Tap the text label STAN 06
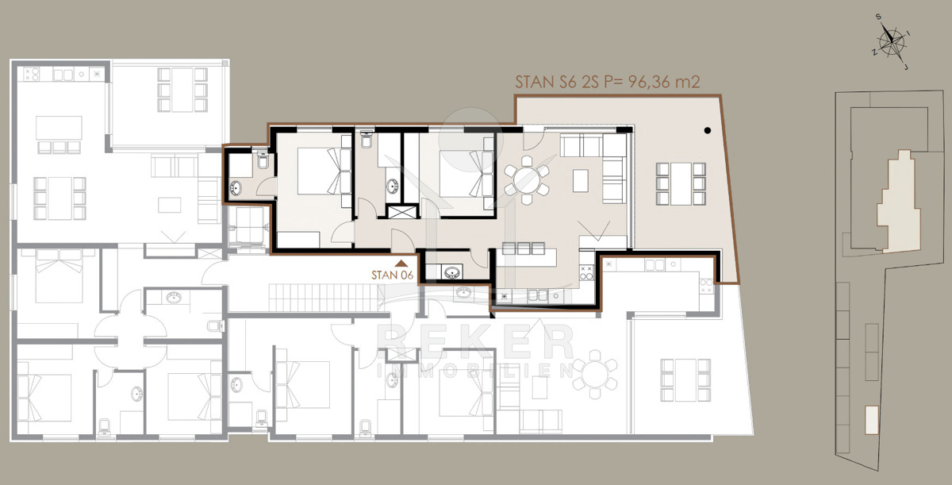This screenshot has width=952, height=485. (392, 275)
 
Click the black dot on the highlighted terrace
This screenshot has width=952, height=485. (707, 130)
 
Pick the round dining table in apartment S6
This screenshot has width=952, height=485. (526, 180)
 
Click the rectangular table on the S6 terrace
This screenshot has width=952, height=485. (681, 183)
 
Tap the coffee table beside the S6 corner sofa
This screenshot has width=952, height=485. (581, 180)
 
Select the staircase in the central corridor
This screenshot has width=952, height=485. (324, 298)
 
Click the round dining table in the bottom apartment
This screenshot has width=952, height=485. (594, 374)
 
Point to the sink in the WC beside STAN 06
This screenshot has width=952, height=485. (451, 272)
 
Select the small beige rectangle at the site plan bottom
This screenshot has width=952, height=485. (872, 420)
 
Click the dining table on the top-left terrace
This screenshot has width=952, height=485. (182, 90)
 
